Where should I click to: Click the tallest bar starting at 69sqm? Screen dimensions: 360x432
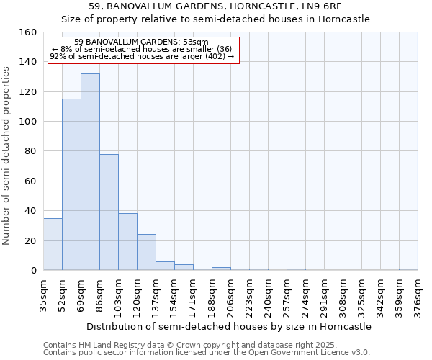[90, 172]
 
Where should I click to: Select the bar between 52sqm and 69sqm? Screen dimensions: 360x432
[71, 184]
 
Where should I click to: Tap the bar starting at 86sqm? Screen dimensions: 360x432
[109, 212]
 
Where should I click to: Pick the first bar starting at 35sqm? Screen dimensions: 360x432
[53, 244]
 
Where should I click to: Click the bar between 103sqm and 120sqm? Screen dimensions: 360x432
[127, 242]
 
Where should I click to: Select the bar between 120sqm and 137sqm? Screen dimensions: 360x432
[146, 252]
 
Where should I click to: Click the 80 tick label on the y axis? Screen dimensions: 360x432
[30, 152]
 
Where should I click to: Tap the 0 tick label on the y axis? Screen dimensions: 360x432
[33, 271]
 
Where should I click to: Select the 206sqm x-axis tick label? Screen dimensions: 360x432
[230, 295]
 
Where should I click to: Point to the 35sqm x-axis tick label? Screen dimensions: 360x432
[43, 295]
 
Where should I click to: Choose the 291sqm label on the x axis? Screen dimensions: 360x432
[324, 295]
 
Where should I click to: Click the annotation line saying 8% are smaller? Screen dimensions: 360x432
[142, 49]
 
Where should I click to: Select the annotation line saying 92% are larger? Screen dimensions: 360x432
[142, 56]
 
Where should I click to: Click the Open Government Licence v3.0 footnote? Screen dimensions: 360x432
[207, 353]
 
